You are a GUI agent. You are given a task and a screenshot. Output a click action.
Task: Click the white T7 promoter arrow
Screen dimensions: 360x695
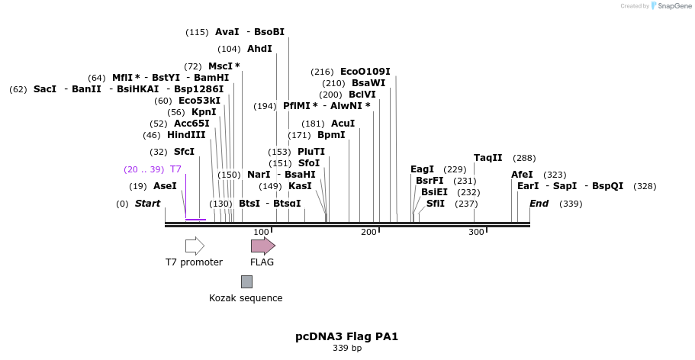tap(195, 246)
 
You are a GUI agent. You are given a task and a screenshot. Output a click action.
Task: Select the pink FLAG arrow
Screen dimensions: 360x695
tap(262, 246)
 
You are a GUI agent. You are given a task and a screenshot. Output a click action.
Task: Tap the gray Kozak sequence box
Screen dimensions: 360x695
tap(246, 281)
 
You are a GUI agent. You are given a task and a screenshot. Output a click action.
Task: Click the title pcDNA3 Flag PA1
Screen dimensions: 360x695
tap(347, 336)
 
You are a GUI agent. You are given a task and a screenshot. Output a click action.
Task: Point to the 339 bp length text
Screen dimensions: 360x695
tap(347, 349)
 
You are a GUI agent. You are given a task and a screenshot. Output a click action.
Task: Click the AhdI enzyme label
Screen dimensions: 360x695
tap(259, 49)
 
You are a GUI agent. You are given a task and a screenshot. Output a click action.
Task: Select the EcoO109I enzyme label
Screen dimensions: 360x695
tap(365, 72)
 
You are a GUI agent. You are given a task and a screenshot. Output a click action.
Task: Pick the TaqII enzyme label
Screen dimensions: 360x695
tap(487, 158)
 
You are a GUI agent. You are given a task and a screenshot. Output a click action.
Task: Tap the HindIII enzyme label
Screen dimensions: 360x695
tap(186, 135)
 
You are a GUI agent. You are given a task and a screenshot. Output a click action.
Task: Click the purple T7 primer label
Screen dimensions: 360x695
tap(175, 169)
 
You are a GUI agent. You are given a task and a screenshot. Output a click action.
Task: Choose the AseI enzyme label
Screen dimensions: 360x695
tap(165, 186)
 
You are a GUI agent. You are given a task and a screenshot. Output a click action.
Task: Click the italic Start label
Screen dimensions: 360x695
tap(147, 204)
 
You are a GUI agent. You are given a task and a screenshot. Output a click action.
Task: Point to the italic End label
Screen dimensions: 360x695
tap(539, 204)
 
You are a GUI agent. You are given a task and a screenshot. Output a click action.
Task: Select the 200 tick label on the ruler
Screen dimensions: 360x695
tap(369, 232)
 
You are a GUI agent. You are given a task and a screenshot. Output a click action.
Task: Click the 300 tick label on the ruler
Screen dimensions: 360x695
tap(476, 232)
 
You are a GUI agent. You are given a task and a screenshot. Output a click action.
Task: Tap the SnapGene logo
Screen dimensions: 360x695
tap(671, 6)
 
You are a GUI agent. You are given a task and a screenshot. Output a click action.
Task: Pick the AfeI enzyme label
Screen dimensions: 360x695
tap(522, 175)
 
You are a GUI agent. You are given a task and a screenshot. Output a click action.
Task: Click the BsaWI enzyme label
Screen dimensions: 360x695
tap(368, 83)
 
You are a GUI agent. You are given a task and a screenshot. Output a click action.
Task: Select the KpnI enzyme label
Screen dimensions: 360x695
tap(204, 112)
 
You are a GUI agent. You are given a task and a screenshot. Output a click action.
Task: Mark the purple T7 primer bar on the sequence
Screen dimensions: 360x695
tap(195, 220)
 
